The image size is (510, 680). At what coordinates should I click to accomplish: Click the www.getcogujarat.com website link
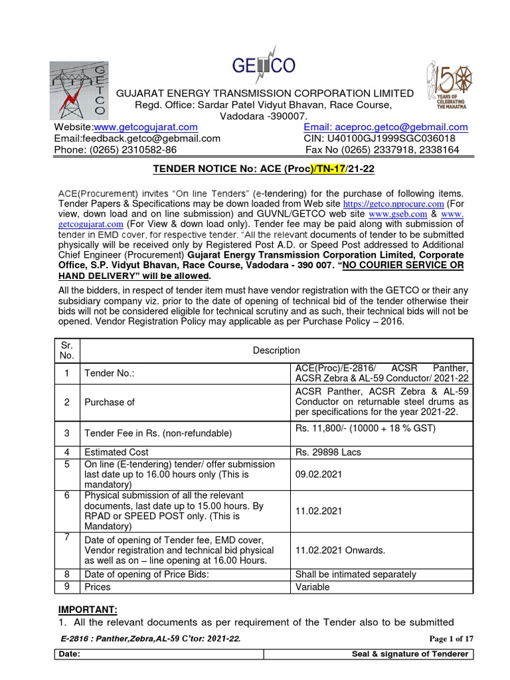145,127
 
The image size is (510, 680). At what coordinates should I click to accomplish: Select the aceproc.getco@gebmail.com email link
405,127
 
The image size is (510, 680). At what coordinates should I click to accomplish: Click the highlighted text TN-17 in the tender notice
329,169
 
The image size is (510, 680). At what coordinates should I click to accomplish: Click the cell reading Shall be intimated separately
355,574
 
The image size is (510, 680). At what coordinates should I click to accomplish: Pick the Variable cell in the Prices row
312,587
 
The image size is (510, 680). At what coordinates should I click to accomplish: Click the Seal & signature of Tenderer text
410,654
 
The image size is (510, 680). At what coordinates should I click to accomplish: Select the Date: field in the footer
69,654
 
